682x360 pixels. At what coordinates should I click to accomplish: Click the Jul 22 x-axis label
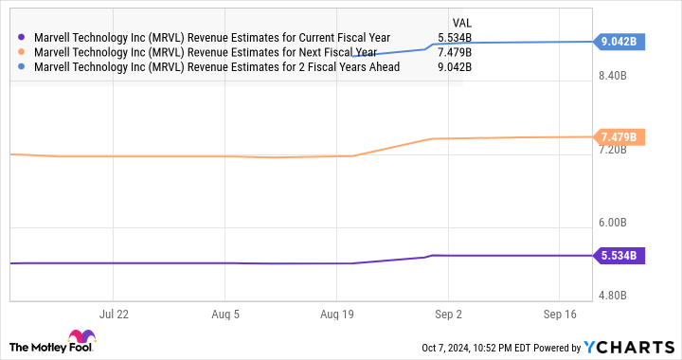click(x=114, y=313)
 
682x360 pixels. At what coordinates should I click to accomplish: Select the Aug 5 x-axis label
click(x=225, y=313)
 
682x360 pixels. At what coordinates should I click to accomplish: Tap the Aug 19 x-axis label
click(x=336, y=313)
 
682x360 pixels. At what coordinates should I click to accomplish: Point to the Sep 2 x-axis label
click(x=447, y=313)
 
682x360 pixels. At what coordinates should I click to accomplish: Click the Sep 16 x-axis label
click(x=558, y=313)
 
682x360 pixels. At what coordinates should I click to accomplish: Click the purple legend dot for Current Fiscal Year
click(x=22, y=38)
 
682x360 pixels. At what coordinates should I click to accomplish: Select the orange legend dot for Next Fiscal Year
click(x=22, y=52)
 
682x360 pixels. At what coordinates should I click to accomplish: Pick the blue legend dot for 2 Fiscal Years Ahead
click(x=22, y=66)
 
